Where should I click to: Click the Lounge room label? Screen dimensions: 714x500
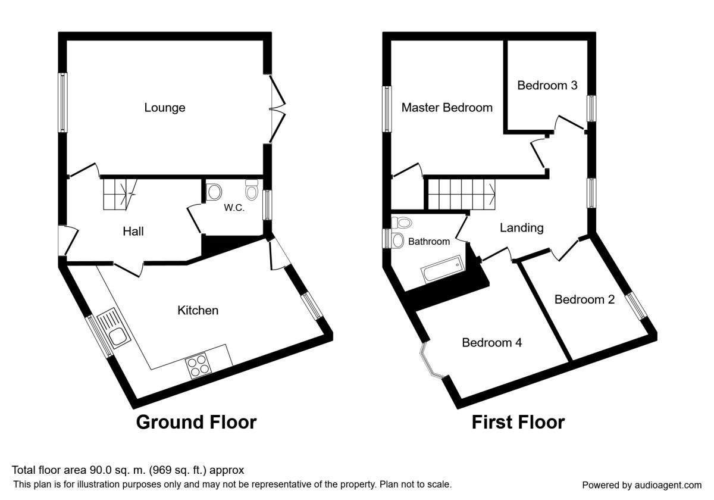(x=165, y=108)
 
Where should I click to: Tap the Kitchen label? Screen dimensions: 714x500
(x=198, y=310)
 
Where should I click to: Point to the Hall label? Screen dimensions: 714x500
(x=133, y=232)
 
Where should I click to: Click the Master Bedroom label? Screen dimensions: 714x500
(x=447, y=108)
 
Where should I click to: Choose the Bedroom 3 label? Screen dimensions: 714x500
(x=547, y=85)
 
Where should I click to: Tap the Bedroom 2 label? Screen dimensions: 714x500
(x=584, y=299)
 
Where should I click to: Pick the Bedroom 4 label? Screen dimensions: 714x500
(x=492, y=342)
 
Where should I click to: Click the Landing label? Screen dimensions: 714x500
(x=521, y=227)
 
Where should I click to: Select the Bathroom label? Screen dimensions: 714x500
(x=428, y=242)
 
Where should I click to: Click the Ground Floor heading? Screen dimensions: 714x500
(x=196, y=422)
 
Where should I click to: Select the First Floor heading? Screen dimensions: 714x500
(x=518, y=422)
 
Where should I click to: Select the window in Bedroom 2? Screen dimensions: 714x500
(x=638, y=307)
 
